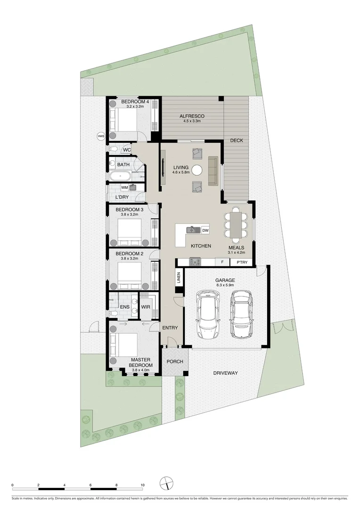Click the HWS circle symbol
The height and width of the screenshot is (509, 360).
[x=100, y=136]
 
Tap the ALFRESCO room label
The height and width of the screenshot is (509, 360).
[x=191, y=116]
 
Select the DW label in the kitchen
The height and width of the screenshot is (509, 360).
[x=205, y=230]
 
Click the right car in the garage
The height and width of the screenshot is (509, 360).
[x=240, y=313]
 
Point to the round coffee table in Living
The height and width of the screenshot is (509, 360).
[x=197, y=170]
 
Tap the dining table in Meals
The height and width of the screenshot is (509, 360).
[x=234, y=225]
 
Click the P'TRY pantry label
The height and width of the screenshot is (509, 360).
[x=242, y=262]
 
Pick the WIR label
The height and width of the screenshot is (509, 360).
[x=146, y=307]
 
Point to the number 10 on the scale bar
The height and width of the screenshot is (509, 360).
[x=142, y=485]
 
